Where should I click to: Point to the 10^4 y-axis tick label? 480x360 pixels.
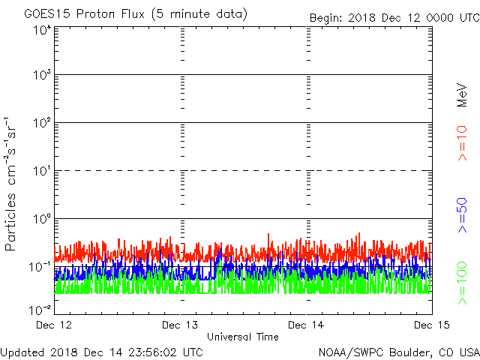tap(42, 31)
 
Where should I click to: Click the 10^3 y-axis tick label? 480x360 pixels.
tap(42, 76)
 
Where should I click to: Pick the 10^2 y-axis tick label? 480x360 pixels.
tap(42, 124)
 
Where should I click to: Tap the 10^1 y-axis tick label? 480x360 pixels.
tap(42, 172)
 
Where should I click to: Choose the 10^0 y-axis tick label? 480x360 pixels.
tap(42, 220)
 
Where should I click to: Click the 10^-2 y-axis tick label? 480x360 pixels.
tap(40, 309)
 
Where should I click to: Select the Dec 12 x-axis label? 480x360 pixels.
tap(55, 325)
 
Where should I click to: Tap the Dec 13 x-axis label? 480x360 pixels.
tap(181, 325)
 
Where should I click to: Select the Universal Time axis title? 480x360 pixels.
tap(243, 337)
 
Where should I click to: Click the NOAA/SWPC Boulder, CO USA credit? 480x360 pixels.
tap(398, 352)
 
